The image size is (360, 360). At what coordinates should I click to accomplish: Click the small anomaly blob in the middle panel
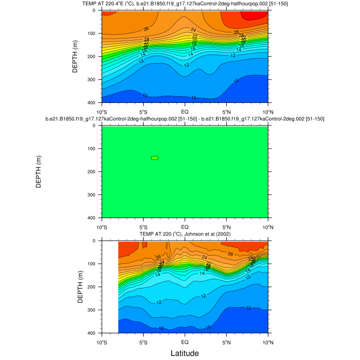tap(154, 158)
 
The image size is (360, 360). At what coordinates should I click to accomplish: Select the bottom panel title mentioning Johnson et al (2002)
tap(185, 235)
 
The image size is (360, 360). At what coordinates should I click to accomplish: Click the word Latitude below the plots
tap(185, 353)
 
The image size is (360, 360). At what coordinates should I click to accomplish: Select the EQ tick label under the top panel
tap(185, 111)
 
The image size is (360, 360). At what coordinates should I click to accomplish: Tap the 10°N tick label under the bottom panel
tap(268, 341)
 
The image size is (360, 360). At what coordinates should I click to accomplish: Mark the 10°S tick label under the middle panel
tap(101, 226)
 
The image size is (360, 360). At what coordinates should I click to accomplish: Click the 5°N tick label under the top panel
tap(226, 111)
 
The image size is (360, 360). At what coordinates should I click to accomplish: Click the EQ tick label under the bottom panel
tap(185, 341)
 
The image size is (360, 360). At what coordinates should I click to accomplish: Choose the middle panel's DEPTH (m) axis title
tap(39, 172)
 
